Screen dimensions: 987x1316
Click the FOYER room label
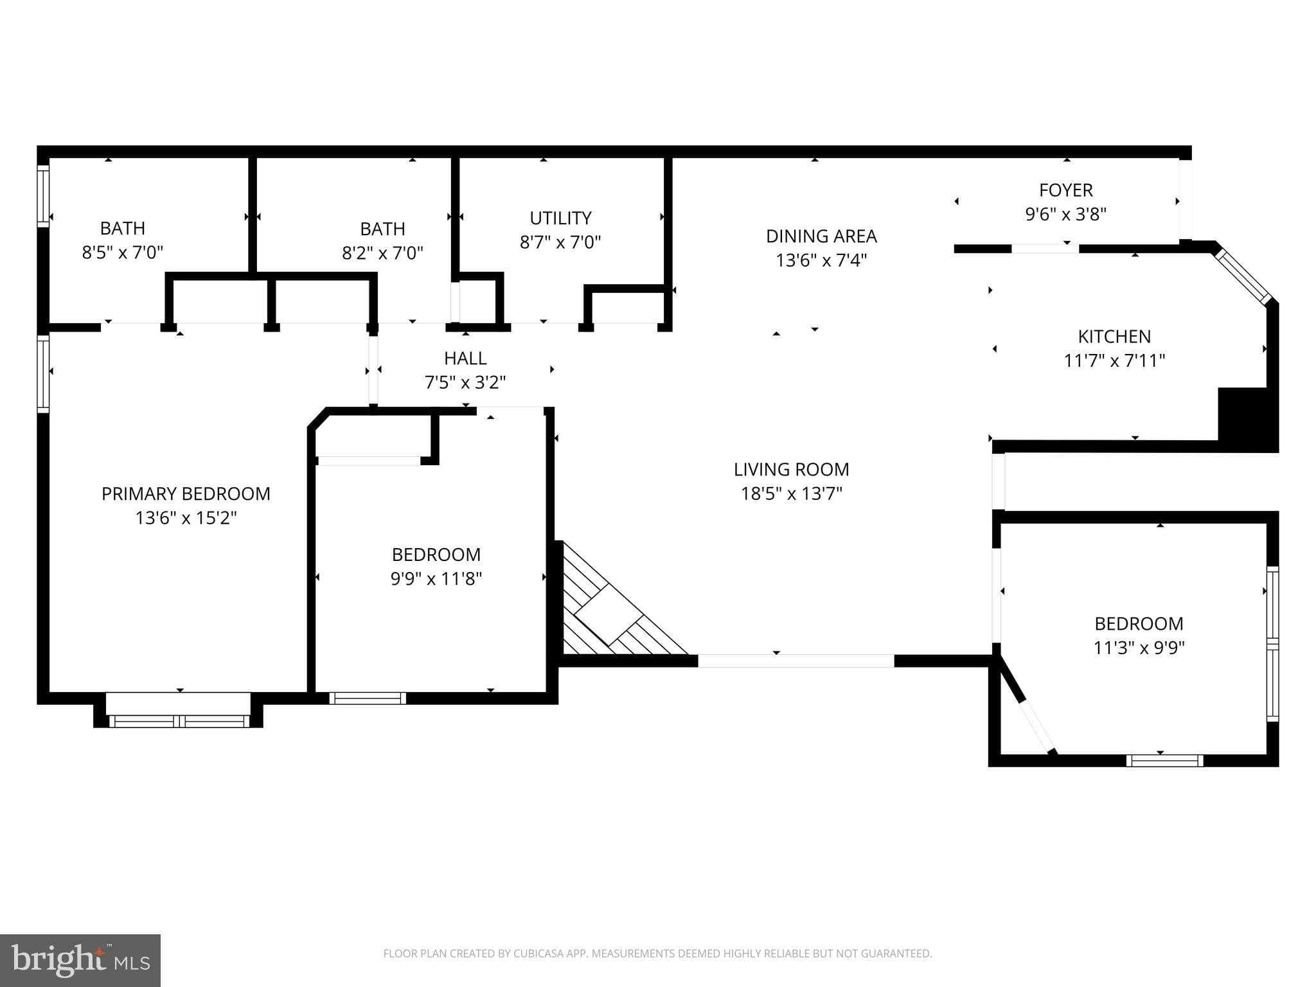tap(1065, 190)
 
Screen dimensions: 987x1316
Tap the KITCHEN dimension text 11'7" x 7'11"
tap(1114, 360)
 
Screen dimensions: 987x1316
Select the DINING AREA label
tap(821, 236)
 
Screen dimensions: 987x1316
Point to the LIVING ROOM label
tap(791, 470)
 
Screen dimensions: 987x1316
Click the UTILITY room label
tap(560, 218)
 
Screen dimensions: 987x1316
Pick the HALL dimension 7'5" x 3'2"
tap(465, 383)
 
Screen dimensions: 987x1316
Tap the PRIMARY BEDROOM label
tap(186, 493)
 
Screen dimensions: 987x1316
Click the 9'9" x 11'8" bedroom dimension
tap(436, 579)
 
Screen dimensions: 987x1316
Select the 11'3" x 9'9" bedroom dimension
tap(1139, 648)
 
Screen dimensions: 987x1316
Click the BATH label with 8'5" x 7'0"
tap(122, 228)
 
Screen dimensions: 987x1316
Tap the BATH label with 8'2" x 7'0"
tap(382, 229)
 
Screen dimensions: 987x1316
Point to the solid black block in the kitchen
tap(1245, 414)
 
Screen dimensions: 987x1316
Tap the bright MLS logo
tap(80, 960)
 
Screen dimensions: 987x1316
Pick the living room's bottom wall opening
tap(796, 661)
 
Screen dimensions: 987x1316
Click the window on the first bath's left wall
tap(43, 196)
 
